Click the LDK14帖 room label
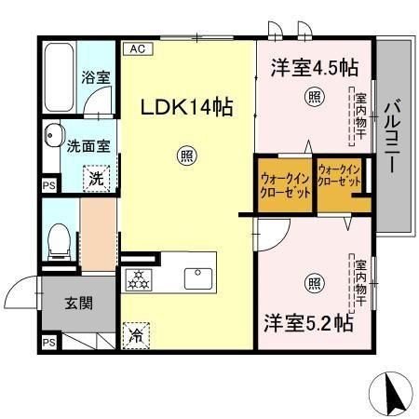coord(186,108)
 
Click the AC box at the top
coord(137,47)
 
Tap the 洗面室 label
coord(87,145)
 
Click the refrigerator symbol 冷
coord(136,332)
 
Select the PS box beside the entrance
coord(48,345)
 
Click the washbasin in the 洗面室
coord(51,139)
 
